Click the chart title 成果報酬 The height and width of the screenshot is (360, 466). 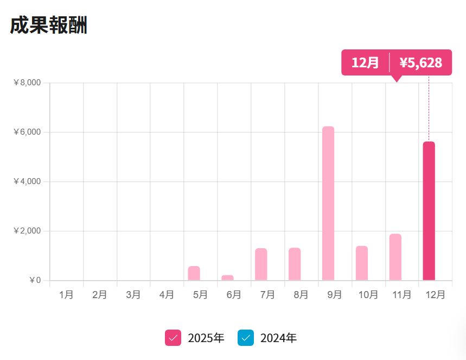click(x=48, y=26)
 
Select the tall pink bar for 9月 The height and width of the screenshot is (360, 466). click(x=328, y=204)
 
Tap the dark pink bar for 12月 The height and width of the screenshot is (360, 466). click(x=429, y=211)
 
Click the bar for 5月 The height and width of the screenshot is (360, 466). click(x=194, y=273)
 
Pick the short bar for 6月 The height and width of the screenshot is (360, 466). click(x=227, y=277)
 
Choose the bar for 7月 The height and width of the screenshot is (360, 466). click(x=261, y=264)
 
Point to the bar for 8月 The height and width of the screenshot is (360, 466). click(x=295, y=264)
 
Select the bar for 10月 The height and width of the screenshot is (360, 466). click(x=362, y=263)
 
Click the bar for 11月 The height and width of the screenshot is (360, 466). click(x=395, y=257)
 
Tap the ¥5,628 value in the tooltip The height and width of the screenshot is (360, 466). click(x=421, y=62)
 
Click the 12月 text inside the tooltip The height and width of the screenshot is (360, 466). click(x=365, y=62)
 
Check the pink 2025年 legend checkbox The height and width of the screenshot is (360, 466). click(x=173, y=338)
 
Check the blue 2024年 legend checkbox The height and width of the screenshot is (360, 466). click(x=246, y=338)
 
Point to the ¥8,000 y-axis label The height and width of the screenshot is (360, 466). click(x=27, y=83)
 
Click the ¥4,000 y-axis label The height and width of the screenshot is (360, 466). click(x=27, y=181)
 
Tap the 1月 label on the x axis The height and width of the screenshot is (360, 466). click(x=66, y=294)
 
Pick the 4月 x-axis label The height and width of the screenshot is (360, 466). click(x=167, y=294)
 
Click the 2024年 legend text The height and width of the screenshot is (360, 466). click(x=278, y=338)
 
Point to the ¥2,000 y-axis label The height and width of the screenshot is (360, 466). click(x=27, y=231)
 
